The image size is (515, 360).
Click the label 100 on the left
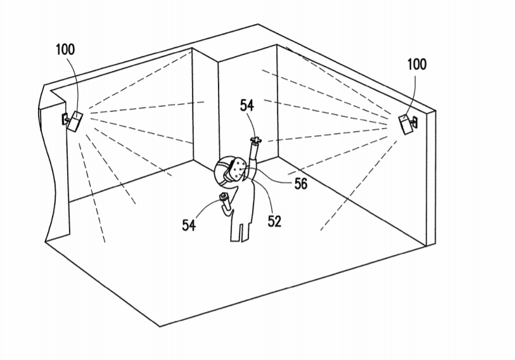pyautogui.click(x=65, y=49)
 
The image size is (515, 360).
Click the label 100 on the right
pyautogui.click(x=417, y=64)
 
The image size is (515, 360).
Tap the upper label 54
pyautogui.click(x=247, y=106)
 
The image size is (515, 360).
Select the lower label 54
pyautogui.click(x=189, y=225)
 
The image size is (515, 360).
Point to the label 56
pyautogui.click(x=300, y=184)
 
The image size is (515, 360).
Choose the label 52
pyautogui.click(x=274, y=221)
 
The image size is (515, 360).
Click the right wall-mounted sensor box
pyautogui.click(x=405, y=124)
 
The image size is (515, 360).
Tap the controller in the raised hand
pyautogui.click(x=256, y=140)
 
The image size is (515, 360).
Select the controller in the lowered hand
pyautogui.click(x=224, y=196)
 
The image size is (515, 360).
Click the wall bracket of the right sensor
pyautogui.click(x=414, y=122)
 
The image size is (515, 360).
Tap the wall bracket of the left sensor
pyautogui.click(x=65, y=119)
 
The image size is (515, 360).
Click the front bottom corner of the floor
pyautogui.click(x=160, y=327)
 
